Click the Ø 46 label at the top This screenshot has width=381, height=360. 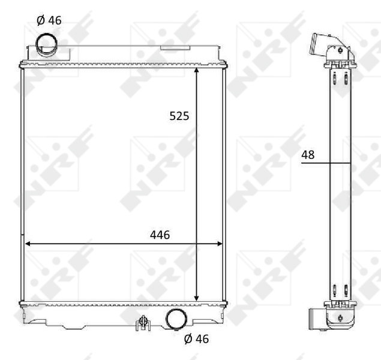click(x=49, y=20)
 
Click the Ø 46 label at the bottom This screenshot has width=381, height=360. click(x=196, y=339)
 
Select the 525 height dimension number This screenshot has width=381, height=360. click(x=179, y=116)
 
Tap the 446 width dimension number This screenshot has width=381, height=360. click(x=160, y=235)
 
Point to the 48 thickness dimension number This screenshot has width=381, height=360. click(x=308, y=155)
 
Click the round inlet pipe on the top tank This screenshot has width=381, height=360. click(x=46, y=43)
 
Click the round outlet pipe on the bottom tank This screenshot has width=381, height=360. click(x=176, y=319)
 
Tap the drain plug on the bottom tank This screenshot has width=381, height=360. click(x=142, y=323)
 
